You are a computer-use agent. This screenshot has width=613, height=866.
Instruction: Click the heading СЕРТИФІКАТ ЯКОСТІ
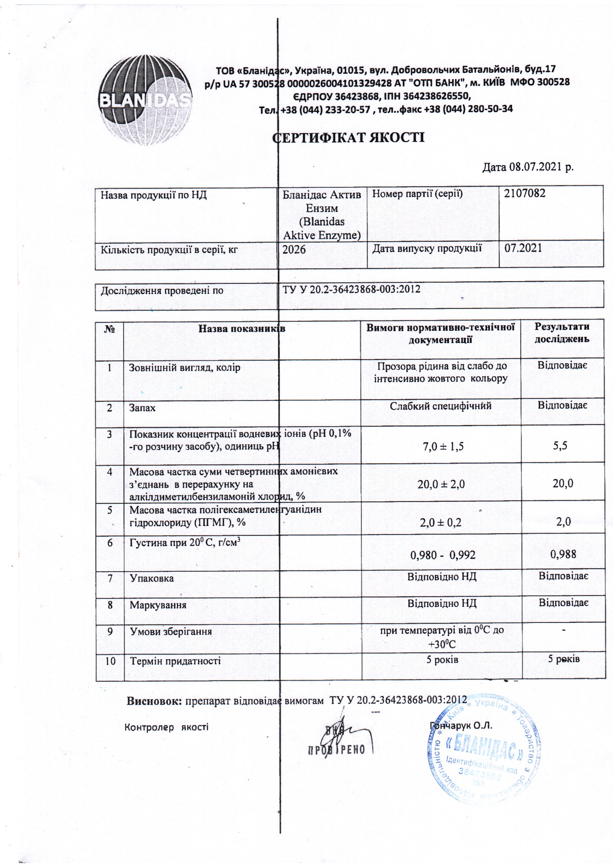pos(349,137)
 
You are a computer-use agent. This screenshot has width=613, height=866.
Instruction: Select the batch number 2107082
pos(525,194)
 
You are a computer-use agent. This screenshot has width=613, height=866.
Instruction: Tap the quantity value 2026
pos(294,249)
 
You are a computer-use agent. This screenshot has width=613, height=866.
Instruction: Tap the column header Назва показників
pos(242,329)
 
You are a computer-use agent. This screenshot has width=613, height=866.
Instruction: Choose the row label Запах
pos(142,408)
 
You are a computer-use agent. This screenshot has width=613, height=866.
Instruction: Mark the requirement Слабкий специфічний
pos(440,406)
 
